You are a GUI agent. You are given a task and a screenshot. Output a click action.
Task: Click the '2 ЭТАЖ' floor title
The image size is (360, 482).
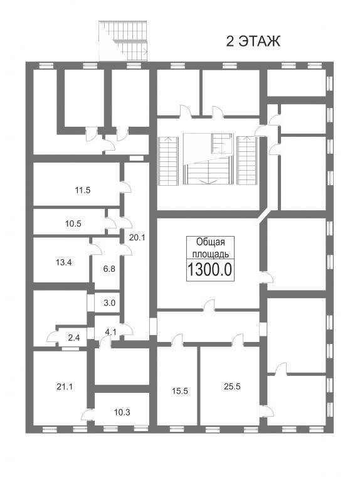pyautogui.click(x=253, y=41)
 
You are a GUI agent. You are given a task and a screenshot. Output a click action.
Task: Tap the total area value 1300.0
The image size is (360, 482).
pyautogui.click(x=209, y=270)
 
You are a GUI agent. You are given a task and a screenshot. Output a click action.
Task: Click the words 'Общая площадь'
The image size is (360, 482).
pyautogui.click(x=210, y=248)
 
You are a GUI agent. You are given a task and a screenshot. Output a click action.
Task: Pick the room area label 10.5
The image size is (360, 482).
pyautogui.click(x=73, y=223)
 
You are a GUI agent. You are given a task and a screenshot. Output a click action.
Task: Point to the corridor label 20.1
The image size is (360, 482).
pyautogui.click(x=137, y=237)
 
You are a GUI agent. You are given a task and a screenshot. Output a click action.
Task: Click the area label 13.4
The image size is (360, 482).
pyautogui.click(x=64, y=262)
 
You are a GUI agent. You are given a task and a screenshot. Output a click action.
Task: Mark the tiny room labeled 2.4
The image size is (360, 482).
pyautogui.click(x=74, y=338)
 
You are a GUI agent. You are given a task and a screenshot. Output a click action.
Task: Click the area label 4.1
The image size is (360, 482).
pyautogui.click(x=110, y=332)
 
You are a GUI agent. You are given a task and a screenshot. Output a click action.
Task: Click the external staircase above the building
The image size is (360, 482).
pyautogui.click(x=123, y=41)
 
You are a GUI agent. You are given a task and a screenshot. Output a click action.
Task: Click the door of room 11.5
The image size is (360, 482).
pyautogui.click(x=125, y=187)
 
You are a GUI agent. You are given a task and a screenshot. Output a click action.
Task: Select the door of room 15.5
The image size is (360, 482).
pyautogui.click(x=177, y=340)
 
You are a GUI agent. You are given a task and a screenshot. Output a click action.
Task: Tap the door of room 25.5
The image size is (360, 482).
pyautogui.click(x=238, y=340)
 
